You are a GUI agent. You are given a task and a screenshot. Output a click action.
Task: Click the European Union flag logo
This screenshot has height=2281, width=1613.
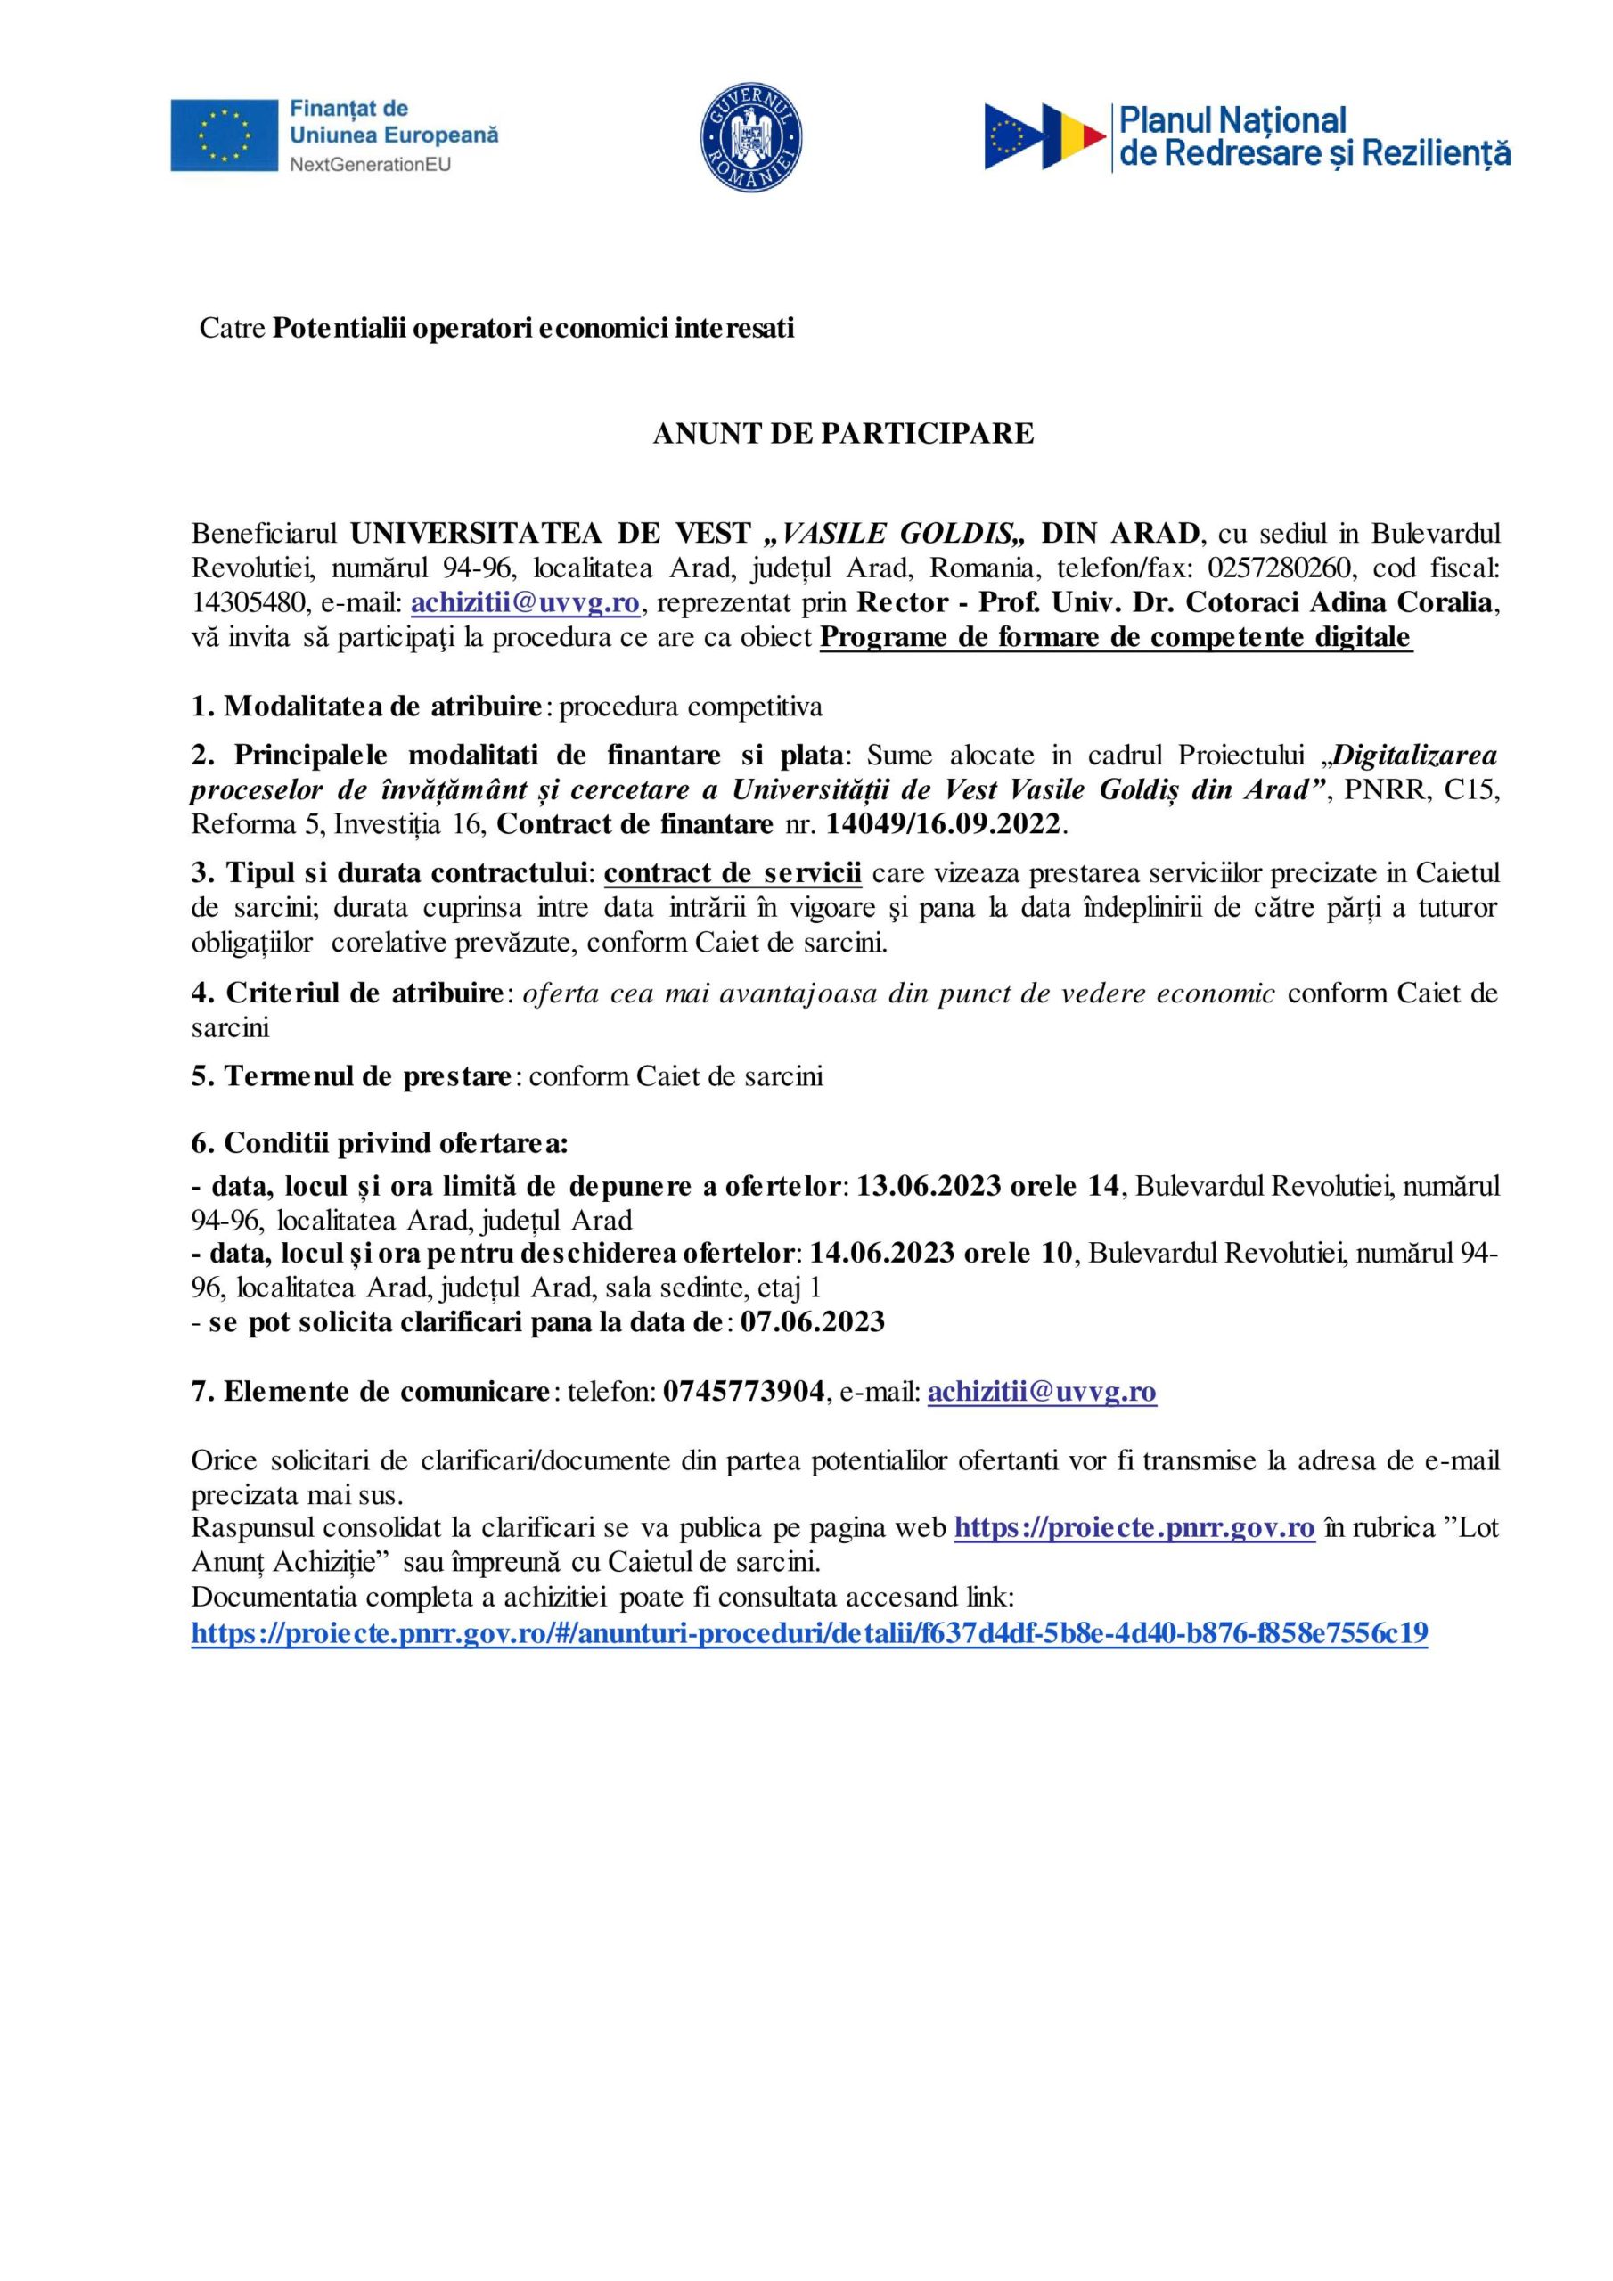click(x=224, y=135)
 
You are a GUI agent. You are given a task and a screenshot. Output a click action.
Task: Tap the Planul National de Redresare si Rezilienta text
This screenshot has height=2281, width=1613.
click(x=1314, y=137)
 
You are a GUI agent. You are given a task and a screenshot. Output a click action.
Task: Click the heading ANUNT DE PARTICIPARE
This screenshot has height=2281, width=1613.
click(x=843, y=434)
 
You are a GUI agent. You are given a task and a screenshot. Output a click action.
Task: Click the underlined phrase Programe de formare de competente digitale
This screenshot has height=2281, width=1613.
click(x=1115, y=638)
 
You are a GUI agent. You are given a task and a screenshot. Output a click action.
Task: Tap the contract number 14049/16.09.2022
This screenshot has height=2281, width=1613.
click(x=944, y=823)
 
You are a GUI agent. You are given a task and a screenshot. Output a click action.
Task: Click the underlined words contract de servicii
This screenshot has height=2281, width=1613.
click(x=733, y=873)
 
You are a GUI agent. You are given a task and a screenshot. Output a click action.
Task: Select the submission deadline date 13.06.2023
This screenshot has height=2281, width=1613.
click(x=929, y=1186)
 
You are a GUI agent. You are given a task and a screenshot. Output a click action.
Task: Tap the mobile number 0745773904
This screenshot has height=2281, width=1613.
click(x=743, y=1392)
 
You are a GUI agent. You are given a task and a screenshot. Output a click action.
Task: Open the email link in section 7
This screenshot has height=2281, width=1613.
click(x=1042, y=1392)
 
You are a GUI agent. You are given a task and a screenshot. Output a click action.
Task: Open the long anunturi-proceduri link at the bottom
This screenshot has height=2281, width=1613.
click(x=809, y=1633)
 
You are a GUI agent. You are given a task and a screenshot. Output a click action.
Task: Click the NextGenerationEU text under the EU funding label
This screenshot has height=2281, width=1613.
click(x=370, y=164)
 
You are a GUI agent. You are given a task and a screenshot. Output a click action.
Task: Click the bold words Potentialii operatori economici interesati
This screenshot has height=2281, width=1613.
click(x=534, y=328)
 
